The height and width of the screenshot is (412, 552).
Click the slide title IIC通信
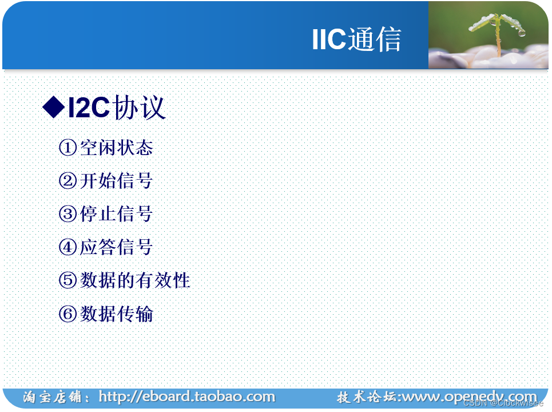click(356, 39)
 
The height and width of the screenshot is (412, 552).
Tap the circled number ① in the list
click(67, 148)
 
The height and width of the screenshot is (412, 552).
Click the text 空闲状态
click(117, 148)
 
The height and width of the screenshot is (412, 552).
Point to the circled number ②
click(67, 181)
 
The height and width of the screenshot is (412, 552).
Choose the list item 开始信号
click(117, 181)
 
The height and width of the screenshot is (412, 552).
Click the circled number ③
click(67, 215)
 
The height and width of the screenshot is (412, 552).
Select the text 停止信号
click(117, 215)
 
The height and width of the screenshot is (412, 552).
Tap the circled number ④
click(67, 248)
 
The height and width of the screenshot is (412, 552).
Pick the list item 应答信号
click(117, 248)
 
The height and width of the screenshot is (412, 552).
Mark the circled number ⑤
click(67, 281)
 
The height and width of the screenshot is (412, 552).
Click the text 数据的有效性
click(135, 281)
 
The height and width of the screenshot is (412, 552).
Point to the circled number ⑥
click(67, 314)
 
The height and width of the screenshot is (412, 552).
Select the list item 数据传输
click(117, 314)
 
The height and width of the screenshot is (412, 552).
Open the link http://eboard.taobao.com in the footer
click(186, 397)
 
